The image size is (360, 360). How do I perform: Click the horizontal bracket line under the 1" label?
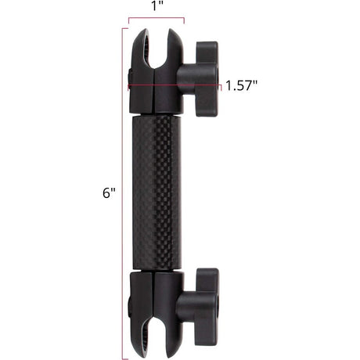(x=157, y=20)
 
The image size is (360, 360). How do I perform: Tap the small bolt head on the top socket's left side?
(x=129, y=77)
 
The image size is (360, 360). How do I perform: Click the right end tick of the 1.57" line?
(x=221, y=85)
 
